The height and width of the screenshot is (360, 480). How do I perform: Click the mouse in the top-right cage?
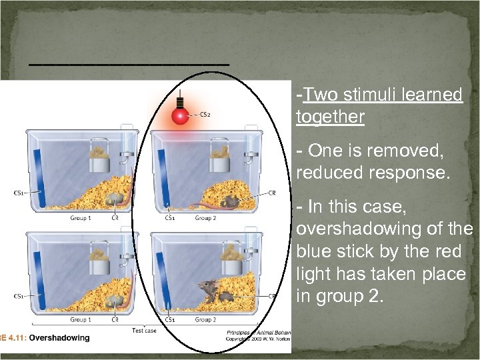(x=230, y=201)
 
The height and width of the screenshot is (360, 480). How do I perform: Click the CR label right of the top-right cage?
(x=272, y=193)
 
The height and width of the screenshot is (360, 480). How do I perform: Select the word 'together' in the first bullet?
(x=330, y=118)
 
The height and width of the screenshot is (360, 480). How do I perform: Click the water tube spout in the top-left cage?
(x=124, y=159)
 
